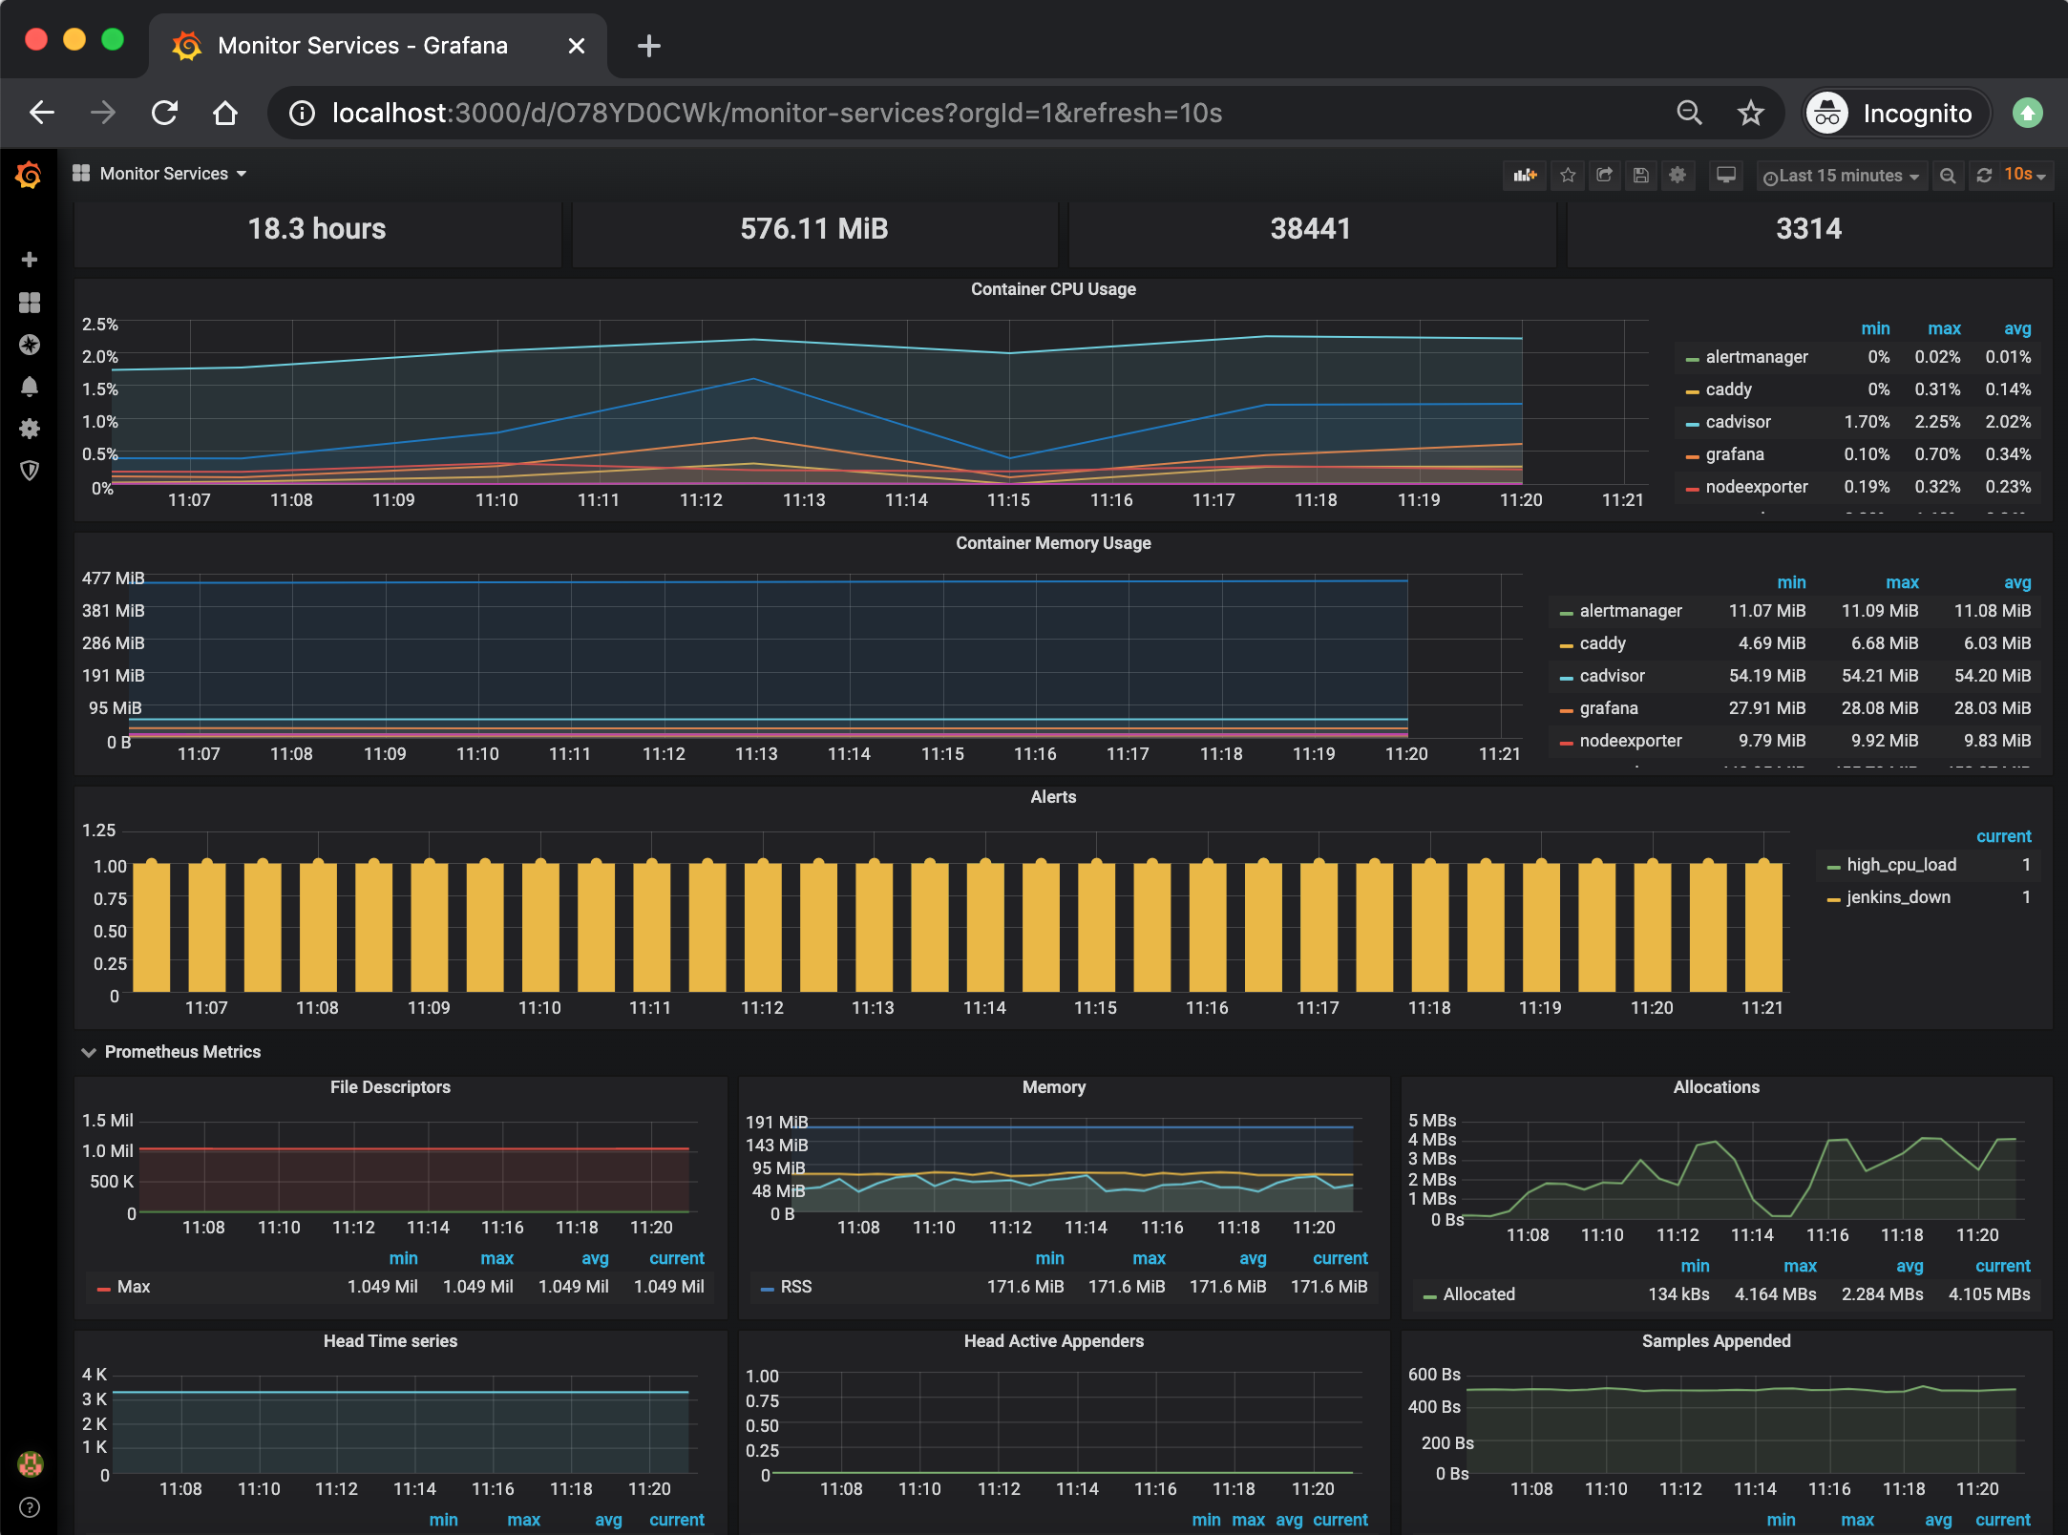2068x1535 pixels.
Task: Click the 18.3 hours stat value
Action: click(x=317, y=229)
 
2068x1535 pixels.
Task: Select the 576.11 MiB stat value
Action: click(x=813, y=229)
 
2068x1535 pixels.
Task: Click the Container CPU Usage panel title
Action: click(x=1053, y=289)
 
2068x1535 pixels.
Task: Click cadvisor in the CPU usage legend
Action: click(x=1737, y=422)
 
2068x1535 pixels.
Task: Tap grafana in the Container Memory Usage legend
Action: click(x=1608, y=708)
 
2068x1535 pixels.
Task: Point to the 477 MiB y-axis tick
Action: click(x=113, y=578)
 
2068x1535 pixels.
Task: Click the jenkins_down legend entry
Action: click(x=1897, y=897)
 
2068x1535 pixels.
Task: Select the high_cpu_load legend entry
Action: click(x=1900, y=865)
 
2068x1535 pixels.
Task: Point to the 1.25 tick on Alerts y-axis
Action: click(x=99, y=831)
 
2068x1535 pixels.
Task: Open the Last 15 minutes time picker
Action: click(x=1840, y=176)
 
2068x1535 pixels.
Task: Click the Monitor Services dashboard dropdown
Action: click(x=164, y=174)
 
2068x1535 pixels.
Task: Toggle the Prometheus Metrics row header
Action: click(x=181, y=1052)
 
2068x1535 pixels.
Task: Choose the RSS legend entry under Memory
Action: click(x=795, y=1287)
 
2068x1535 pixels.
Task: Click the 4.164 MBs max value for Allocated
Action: click(x=1774, y=1294)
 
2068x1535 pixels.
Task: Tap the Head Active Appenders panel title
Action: click(x=1053, y=1341)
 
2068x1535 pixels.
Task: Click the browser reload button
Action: click(x=165, y=114)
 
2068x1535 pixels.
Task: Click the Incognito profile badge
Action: click(x=1895, y=114)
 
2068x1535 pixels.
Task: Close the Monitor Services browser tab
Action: click(x=576, y=46)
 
